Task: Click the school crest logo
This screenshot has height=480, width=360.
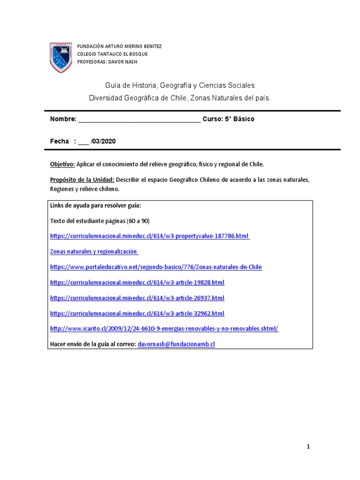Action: click(x=61, y=57)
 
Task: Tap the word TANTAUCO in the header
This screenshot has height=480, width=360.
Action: click(x=108, y=54)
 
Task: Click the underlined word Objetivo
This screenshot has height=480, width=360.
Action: click(x=62, y=165)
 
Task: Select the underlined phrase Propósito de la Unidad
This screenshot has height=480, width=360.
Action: click(x=82, y=180)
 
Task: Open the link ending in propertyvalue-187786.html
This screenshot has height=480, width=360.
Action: click(x=150, y=236)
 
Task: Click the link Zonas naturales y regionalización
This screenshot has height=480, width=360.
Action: click(x=94, y=252)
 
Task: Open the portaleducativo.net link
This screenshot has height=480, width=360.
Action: click(x=156, y=267)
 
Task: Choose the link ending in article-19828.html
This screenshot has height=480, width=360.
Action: click(x=137, y=283)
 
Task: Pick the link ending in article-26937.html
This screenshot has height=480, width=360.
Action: click(x=137, y=298)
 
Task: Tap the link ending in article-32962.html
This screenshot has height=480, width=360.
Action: click(x=137, y=314)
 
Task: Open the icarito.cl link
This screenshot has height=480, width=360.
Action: click(x=164, y=329)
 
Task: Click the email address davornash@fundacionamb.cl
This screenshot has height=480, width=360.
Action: click(x=176, y=345)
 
